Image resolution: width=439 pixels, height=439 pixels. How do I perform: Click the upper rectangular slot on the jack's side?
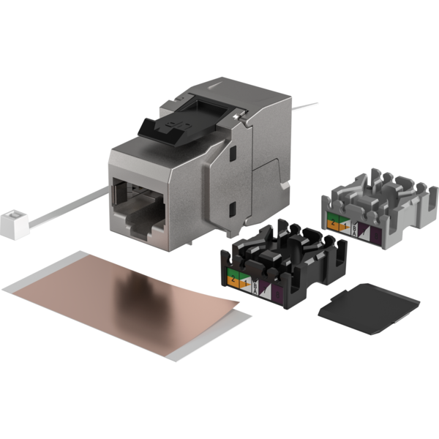(233, 155)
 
